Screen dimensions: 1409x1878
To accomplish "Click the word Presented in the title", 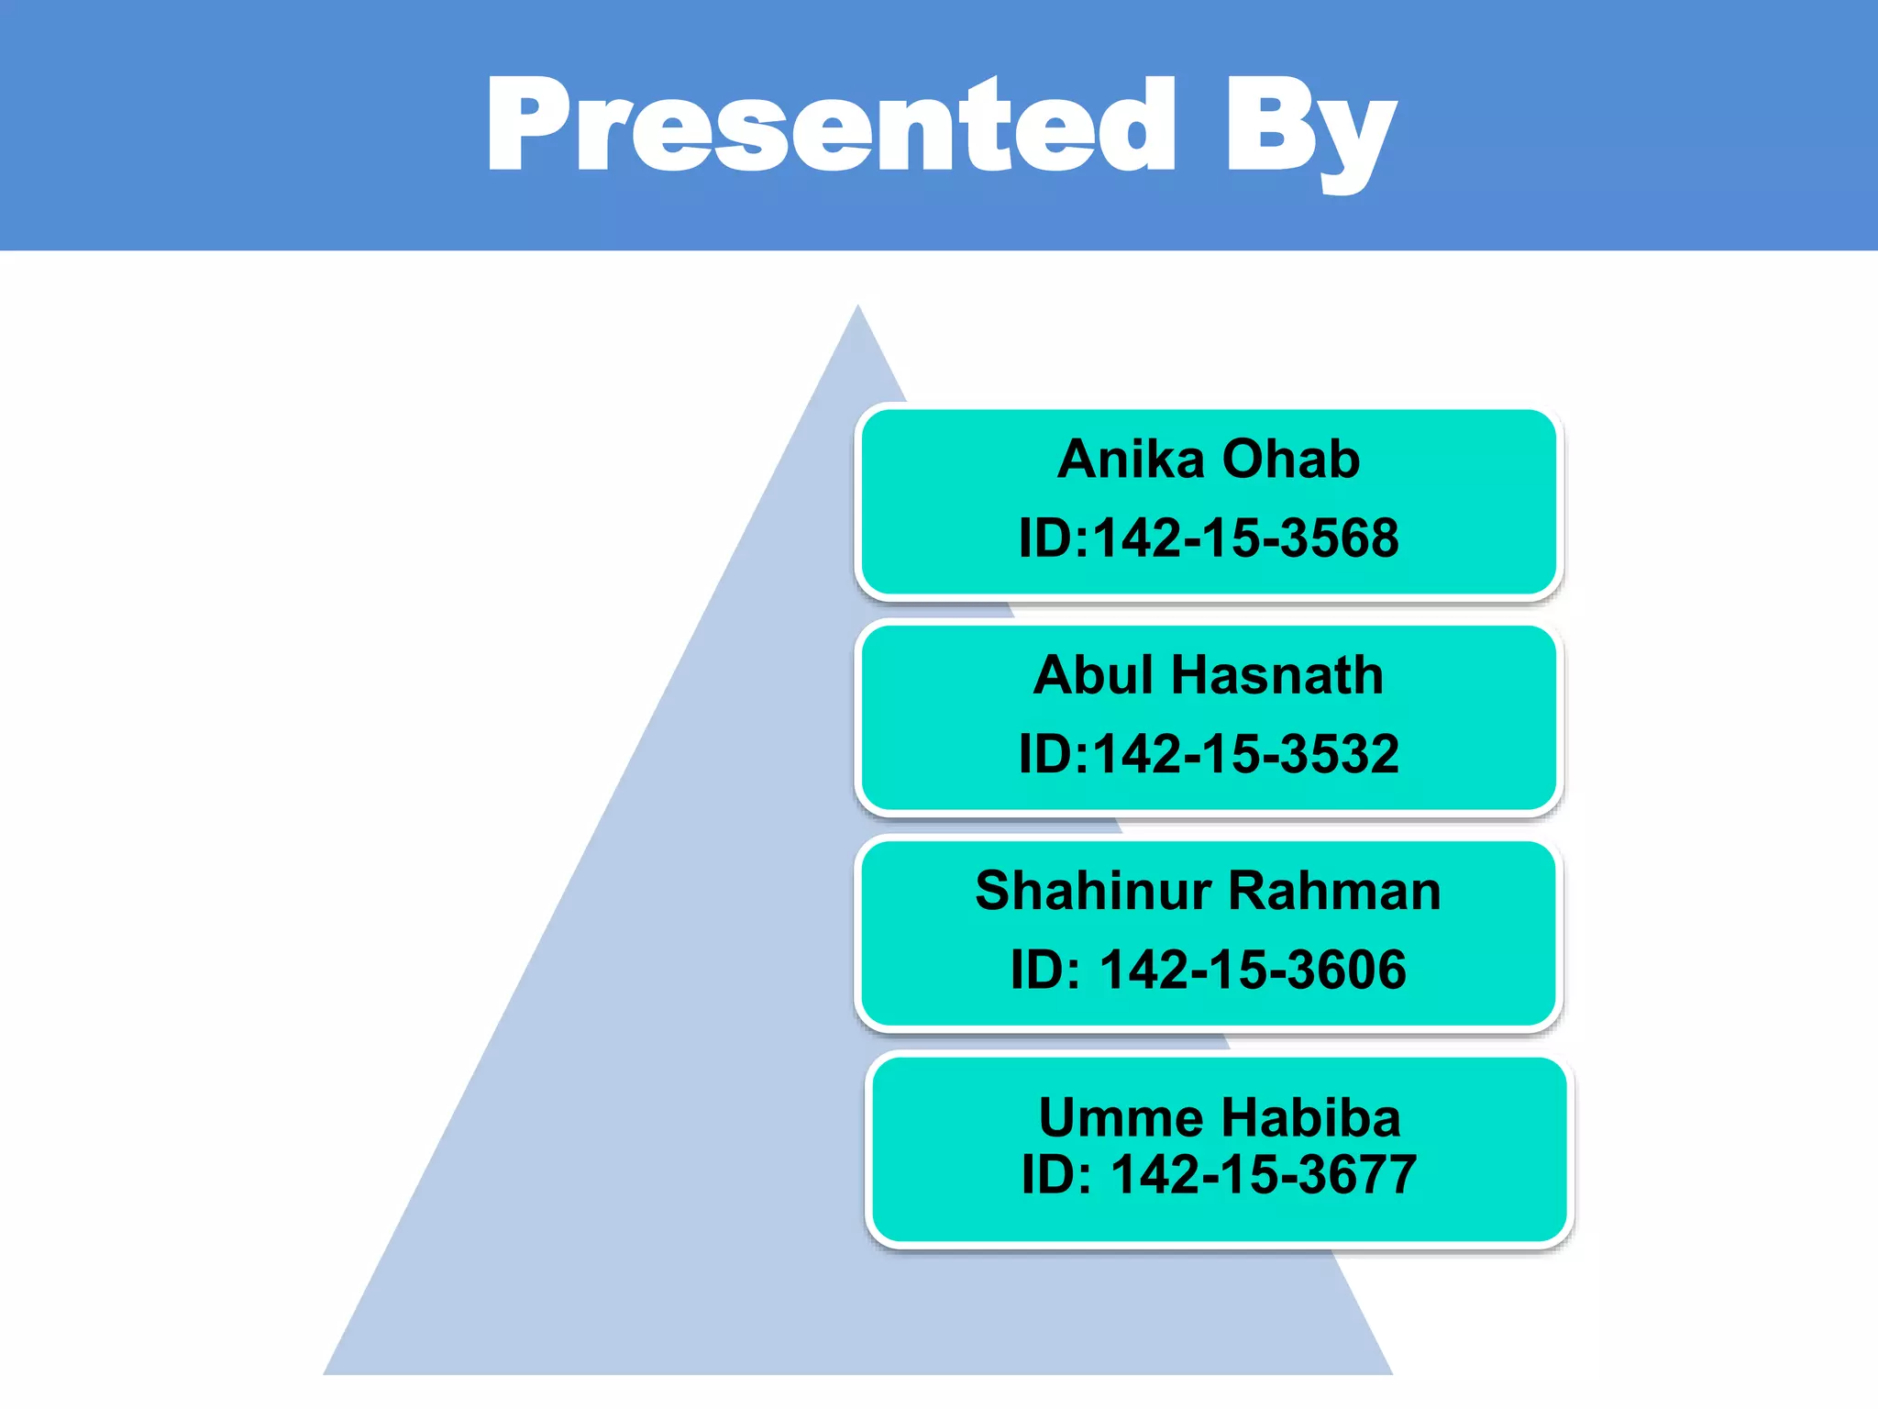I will (x=830, y=126).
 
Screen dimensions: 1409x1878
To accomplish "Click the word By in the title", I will (x=1311, y=128).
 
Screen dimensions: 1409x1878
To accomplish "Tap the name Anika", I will (x=1131, y=459).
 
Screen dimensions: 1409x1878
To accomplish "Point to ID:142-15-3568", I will (x=1209, y=538).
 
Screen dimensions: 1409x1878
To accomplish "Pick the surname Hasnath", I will (x=1277, y=675).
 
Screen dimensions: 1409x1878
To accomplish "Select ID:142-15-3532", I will (x=1209, y=754).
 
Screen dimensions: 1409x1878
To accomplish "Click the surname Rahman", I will (x=1334, y=891).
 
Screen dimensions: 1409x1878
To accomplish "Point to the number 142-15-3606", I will (x=1253, y=970).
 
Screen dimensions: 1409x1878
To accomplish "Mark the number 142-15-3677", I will (x=1264, y=1174).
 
